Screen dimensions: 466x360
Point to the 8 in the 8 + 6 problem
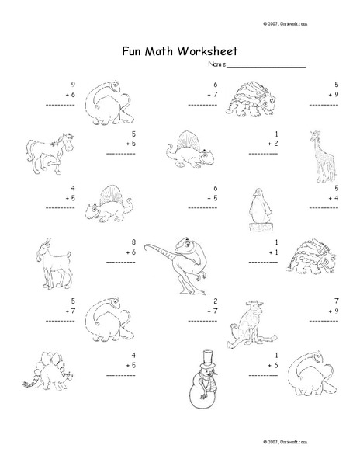134,242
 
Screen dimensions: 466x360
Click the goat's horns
47,243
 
